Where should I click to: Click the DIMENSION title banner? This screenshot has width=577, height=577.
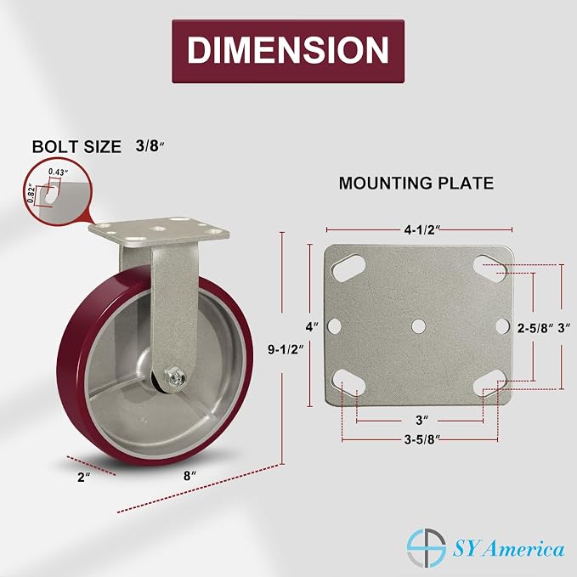288,51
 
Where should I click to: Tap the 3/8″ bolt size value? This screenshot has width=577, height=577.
150,146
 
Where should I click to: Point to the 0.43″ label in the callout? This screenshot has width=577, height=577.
59,172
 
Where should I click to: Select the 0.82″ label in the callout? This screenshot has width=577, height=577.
31,194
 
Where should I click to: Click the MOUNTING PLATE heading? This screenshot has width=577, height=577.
416,183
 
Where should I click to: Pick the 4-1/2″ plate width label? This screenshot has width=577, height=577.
422,230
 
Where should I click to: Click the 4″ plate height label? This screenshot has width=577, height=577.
312,326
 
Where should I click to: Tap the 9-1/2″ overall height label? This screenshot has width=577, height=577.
286,349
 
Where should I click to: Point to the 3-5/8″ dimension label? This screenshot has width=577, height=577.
422,439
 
